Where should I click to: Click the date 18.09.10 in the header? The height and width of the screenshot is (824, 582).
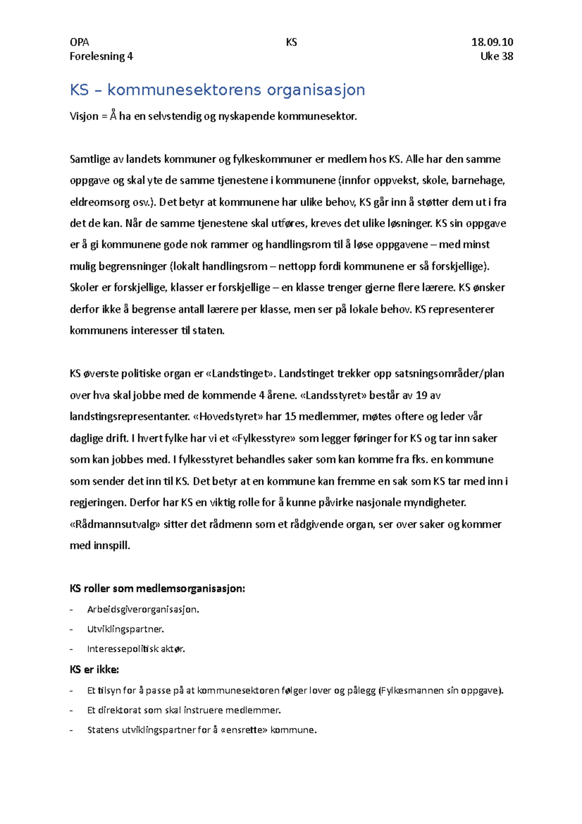(492, 42)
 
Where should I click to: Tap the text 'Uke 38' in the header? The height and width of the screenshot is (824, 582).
(496, 56)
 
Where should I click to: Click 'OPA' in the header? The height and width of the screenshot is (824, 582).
(79, 42)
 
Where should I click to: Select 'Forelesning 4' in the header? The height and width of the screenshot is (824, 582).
(101, 56)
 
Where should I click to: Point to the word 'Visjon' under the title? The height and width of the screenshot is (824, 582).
(84, 116)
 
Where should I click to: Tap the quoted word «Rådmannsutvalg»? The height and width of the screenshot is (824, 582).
(115, 524)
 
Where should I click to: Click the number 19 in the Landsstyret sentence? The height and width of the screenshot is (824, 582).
(421, 395)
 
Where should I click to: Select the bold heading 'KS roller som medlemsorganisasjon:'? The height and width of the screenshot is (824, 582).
(157, 589)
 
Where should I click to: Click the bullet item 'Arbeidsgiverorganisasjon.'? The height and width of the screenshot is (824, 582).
(143, 610)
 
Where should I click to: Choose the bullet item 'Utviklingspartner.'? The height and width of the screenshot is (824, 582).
(125, 629)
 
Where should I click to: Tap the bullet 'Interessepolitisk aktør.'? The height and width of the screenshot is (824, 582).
(136, 649)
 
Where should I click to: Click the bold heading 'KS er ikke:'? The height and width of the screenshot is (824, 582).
(94, 670)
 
